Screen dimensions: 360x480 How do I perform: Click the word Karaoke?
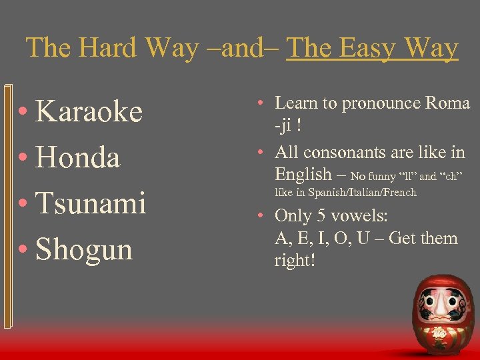[89, 112]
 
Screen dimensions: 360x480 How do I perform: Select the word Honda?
[78, 158]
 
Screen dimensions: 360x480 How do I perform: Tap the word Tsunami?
[91, 203]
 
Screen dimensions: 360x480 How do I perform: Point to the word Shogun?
[84, 249]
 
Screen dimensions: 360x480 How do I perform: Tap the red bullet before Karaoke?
[23, 113]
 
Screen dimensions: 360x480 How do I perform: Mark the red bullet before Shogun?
[23, 250]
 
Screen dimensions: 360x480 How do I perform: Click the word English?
[303, 175]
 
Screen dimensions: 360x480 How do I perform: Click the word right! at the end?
[294, 260]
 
